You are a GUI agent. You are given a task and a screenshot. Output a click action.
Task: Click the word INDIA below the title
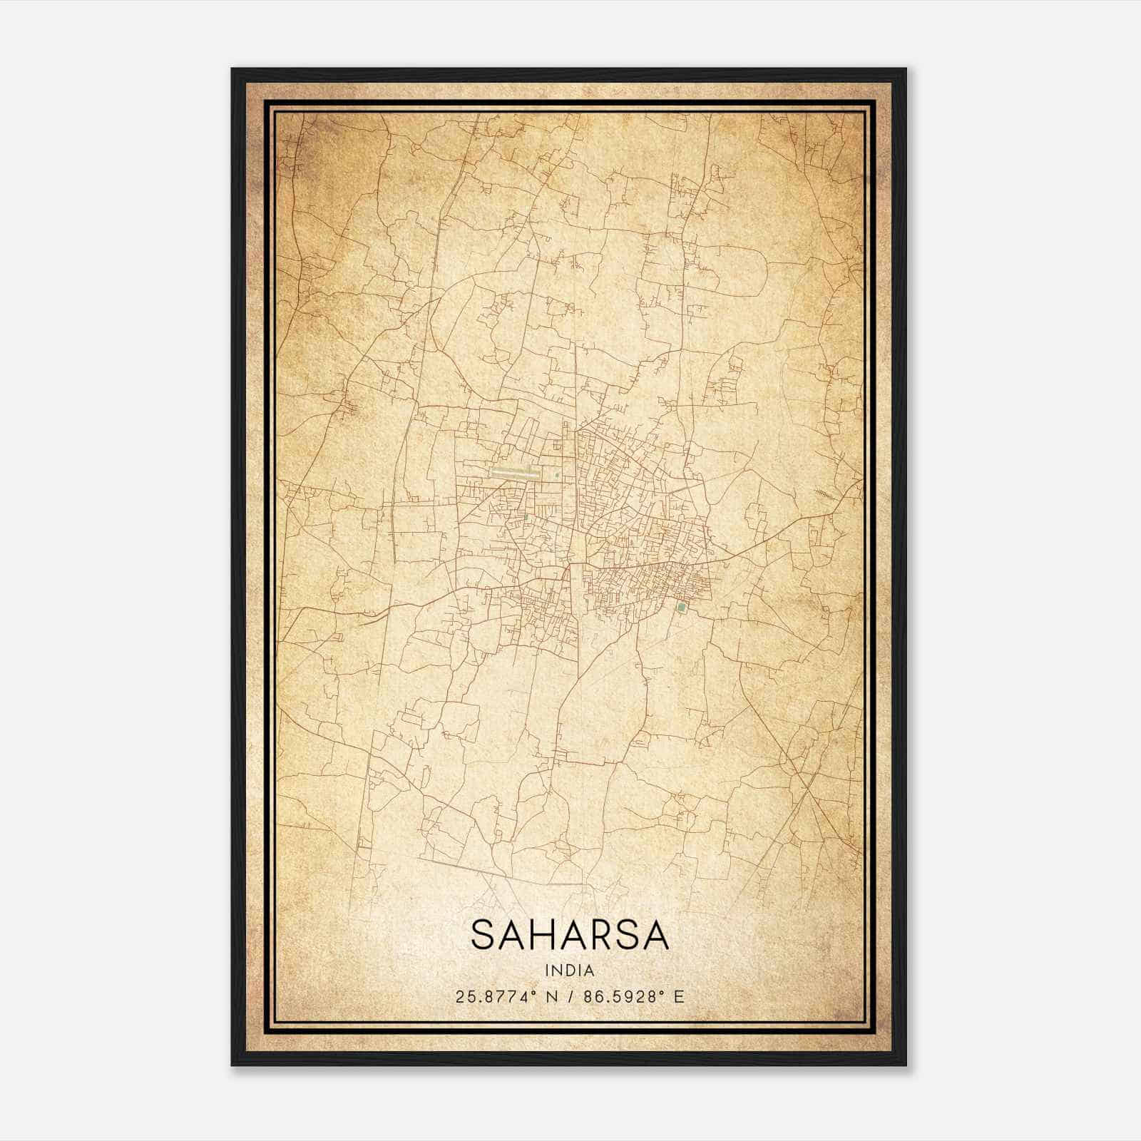pyautogui.click(x=570, y=971)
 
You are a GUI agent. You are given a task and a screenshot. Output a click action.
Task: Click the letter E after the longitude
pyautogui.click(x=679, y=997)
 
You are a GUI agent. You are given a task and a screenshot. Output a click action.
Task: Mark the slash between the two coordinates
pyautogui.click(x=570, y=997)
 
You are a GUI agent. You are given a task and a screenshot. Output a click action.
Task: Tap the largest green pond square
pyautogui.click(x=682, y=608)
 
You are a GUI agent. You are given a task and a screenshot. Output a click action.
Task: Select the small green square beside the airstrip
pyautogui.click(x=557, y=474)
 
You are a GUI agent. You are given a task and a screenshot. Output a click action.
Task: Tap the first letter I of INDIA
pyautogui.click(x=547, y=971)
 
